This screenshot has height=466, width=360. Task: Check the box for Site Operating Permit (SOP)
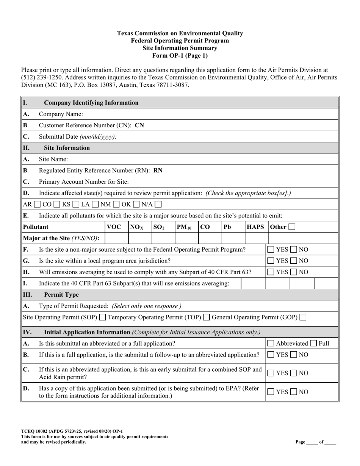click(x=102, y=317)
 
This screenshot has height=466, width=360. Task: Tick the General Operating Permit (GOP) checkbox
click(x=303, y=317)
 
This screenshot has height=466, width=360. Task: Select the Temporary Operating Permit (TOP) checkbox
click(x=207, y=317)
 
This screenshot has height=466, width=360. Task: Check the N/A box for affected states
click(x=158, y=204)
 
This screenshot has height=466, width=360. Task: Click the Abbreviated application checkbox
click(x=271, y=344)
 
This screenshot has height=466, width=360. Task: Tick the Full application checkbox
click(x=314, y=344)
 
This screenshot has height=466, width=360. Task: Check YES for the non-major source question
click(x=271, y=250)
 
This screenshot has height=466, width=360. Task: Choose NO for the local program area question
click(x=294, y=261)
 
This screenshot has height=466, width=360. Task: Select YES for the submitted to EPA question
click(x=271, y=392)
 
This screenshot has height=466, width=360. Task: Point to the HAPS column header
click(x=255, y=227)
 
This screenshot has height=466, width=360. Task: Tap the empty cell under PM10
click(x=186, y=238)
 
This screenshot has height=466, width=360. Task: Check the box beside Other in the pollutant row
click(x=292, y=227)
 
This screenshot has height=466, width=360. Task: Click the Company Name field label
click(x=61, y=114)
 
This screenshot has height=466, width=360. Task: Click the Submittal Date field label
click(x=78, y=137)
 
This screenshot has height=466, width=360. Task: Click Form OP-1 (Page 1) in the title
click(x=180, y=56)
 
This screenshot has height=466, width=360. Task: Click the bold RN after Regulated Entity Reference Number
click(x=158, y=170)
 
